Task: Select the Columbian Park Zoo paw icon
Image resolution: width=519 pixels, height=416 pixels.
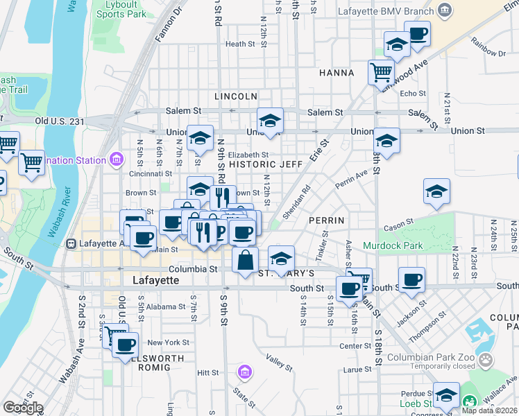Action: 488,360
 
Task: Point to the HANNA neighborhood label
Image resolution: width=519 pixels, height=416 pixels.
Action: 337,73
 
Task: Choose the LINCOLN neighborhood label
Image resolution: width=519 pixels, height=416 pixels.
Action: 236,96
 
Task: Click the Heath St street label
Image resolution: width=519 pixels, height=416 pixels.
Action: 241,44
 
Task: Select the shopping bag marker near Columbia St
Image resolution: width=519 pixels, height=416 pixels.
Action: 245,261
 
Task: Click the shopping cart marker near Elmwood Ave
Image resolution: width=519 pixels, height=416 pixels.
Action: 381,71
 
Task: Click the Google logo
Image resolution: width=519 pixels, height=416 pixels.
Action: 23,408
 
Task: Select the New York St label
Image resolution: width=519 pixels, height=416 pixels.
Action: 168,343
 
